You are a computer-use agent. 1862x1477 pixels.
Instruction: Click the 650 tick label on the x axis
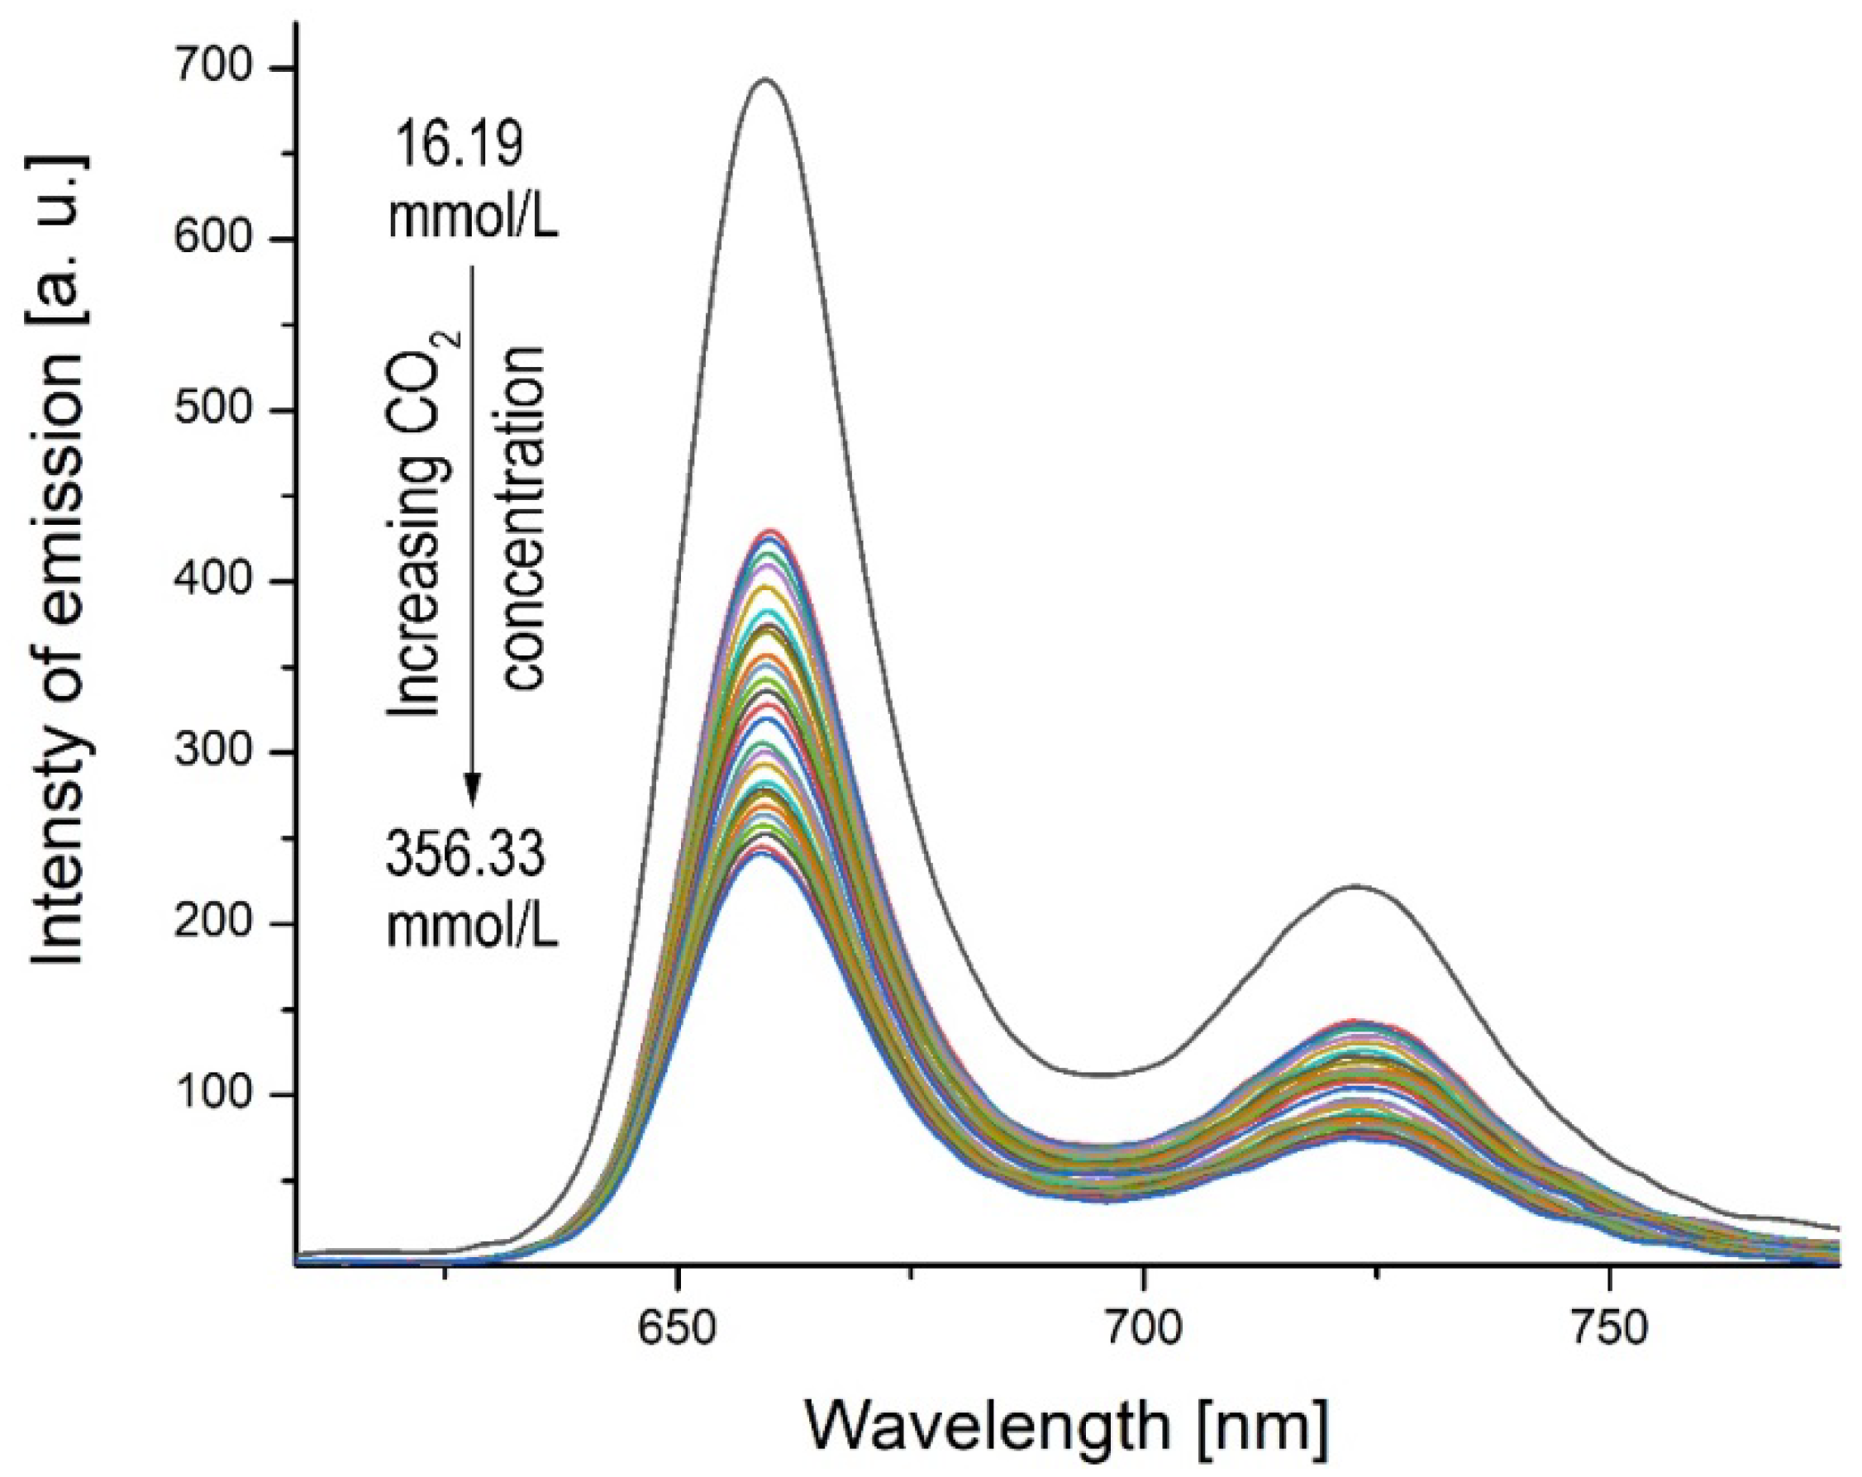(678, 1329)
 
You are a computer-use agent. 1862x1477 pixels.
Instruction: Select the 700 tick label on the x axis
(1144, 1329)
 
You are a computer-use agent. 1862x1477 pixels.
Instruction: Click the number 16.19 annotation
(457, 145)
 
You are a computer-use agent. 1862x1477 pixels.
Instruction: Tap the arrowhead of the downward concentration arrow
(472, 788)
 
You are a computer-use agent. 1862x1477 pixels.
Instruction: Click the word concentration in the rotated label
(525, 518)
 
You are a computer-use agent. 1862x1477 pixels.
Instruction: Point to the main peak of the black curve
(764, 79)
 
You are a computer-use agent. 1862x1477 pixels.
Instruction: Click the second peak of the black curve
(1355, 885)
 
